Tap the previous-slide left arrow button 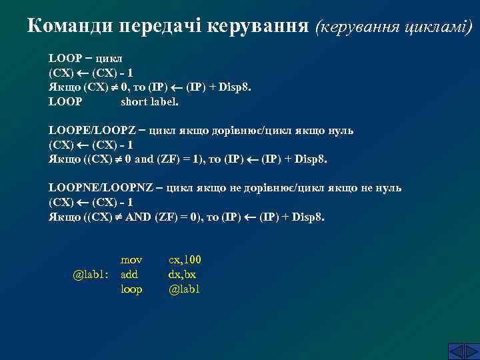pos(438,351)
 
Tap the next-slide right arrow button pos(457,351)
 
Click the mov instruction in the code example pos(131,259)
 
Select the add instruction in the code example pos(129,274)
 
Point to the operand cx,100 pos(185,259)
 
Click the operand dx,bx pos(182,274)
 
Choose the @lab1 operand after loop pos(184,289)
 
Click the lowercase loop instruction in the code pos(131,289)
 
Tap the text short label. pos(150,102)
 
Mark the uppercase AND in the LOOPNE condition pos(139,217)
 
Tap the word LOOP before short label pos(65,102)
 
